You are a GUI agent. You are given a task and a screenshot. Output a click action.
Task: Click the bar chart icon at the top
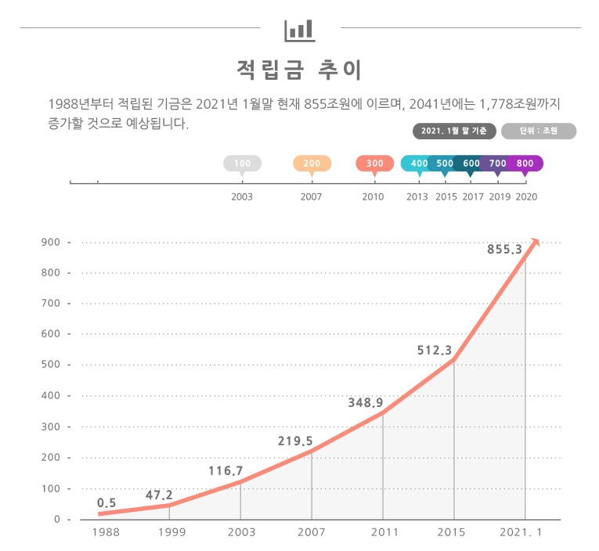tap(299, 30)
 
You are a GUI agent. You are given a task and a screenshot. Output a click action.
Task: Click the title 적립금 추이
tap(299, 70)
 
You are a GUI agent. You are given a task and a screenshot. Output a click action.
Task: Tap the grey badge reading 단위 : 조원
tap(539, 131)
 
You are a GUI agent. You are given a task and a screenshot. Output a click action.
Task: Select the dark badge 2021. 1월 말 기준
tap(453, 131)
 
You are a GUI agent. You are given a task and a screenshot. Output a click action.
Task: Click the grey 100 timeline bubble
tap(243, 163)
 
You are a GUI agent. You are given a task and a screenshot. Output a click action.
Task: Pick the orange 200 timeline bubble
tap(312, 163)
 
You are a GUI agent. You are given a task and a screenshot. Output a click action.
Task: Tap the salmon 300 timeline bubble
tap(374, 163)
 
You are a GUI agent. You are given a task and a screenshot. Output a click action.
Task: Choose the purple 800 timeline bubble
tap(525, 163)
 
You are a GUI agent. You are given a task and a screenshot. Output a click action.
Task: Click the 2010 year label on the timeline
tap(373, 196)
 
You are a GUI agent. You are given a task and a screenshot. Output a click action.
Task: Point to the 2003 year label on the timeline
tap(243, 196)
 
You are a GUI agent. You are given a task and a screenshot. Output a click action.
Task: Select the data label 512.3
tap(435, 351)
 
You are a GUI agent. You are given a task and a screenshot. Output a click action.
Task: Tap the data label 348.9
tap(365, 403)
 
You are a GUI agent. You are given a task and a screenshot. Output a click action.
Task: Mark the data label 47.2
tap(159, 495)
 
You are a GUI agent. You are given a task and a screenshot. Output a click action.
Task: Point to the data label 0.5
tap(106, 503)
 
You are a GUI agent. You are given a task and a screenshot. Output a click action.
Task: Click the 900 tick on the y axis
tap(51, 242)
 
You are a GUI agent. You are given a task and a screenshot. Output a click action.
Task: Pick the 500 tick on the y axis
tap(51, 365)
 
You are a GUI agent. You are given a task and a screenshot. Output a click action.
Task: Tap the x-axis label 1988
tap(106, 532)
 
